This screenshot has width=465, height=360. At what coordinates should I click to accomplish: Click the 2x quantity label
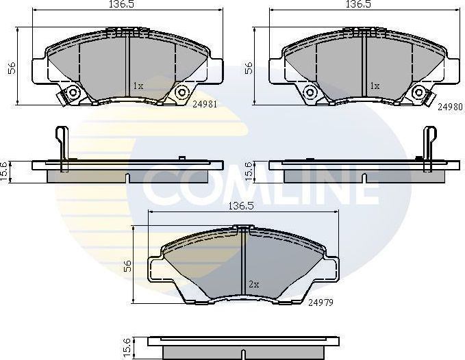click(253, 283)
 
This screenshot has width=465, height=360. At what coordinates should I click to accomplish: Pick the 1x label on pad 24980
click(374, 86)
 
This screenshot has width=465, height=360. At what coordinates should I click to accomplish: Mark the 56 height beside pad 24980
click(249, 66)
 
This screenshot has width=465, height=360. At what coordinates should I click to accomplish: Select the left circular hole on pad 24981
click(72, 92)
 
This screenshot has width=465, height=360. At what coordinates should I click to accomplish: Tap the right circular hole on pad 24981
click(181, 92)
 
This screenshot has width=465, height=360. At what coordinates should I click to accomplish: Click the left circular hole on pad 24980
click(310, 92)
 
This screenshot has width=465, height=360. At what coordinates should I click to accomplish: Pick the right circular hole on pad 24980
click(418, 92)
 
